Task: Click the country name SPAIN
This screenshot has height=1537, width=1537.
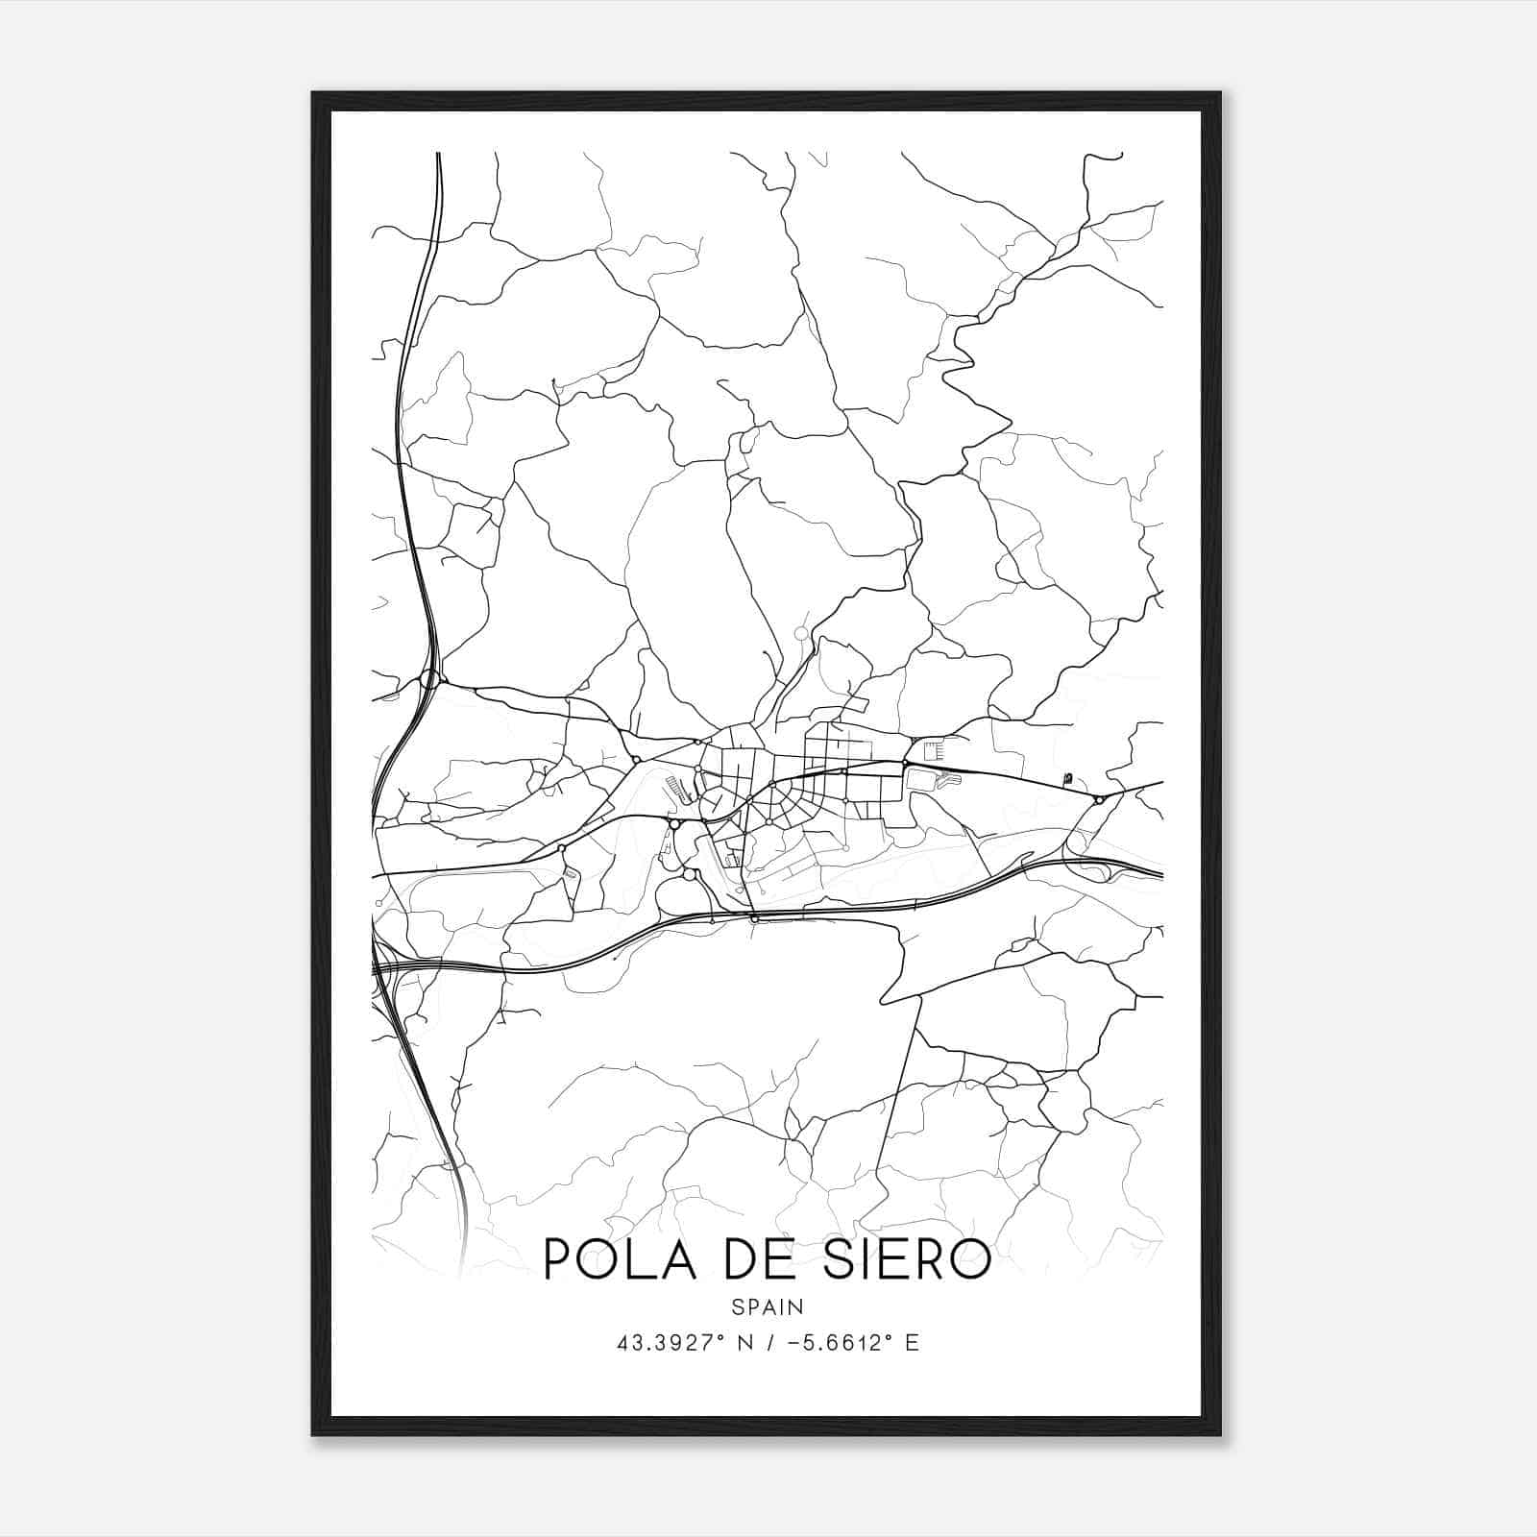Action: coord(768,1307)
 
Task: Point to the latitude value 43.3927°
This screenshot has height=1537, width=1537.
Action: coord(671,1343)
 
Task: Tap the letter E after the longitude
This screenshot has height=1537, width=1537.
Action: coord(912,1343)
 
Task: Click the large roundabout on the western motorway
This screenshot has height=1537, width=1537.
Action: coord(429,680)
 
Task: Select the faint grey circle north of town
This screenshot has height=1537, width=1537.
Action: coord(802,633)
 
